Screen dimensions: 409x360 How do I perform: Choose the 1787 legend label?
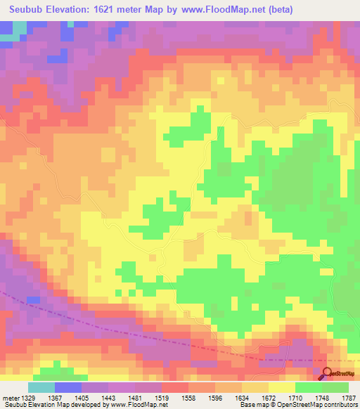tap(349, 398)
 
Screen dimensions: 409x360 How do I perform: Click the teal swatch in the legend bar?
tap(41, 387)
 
